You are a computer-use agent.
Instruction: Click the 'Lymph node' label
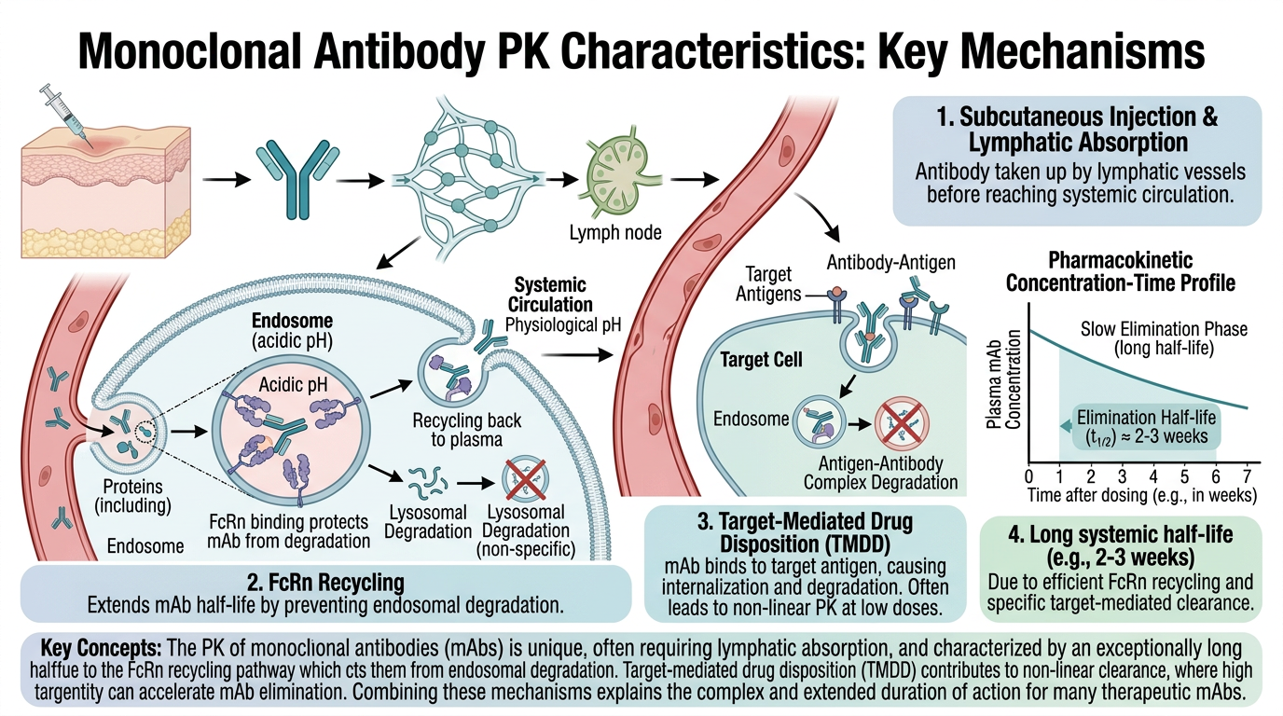[615, 232]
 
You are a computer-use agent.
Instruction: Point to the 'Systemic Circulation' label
[550, 295]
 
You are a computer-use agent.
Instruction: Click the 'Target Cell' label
[761, 360]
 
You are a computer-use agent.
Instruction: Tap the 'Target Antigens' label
[768, 284]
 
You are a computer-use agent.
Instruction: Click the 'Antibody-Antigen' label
[890, 263]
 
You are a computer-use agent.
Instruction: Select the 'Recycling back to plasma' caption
[467, 430]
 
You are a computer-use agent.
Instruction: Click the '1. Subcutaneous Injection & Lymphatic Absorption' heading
[1077, 130]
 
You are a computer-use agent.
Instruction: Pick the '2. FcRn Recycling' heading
[326, 583]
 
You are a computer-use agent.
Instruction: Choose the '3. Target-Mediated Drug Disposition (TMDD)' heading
[805, 532]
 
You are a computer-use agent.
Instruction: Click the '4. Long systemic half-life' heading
[1121, 545]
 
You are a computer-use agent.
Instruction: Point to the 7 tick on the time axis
[1247, 476]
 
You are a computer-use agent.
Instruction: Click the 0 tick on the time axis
[1028, 476]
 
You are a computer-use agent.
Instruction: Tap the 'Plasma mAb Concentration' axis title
[1003, 379]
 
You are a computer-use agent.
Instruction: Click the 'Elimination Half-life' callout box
[1146, 427]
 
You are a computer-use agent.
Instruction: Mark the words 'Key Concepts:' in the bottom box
[101, 649]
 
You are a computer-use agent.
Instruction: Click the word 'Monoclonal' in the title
[189, 53]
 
